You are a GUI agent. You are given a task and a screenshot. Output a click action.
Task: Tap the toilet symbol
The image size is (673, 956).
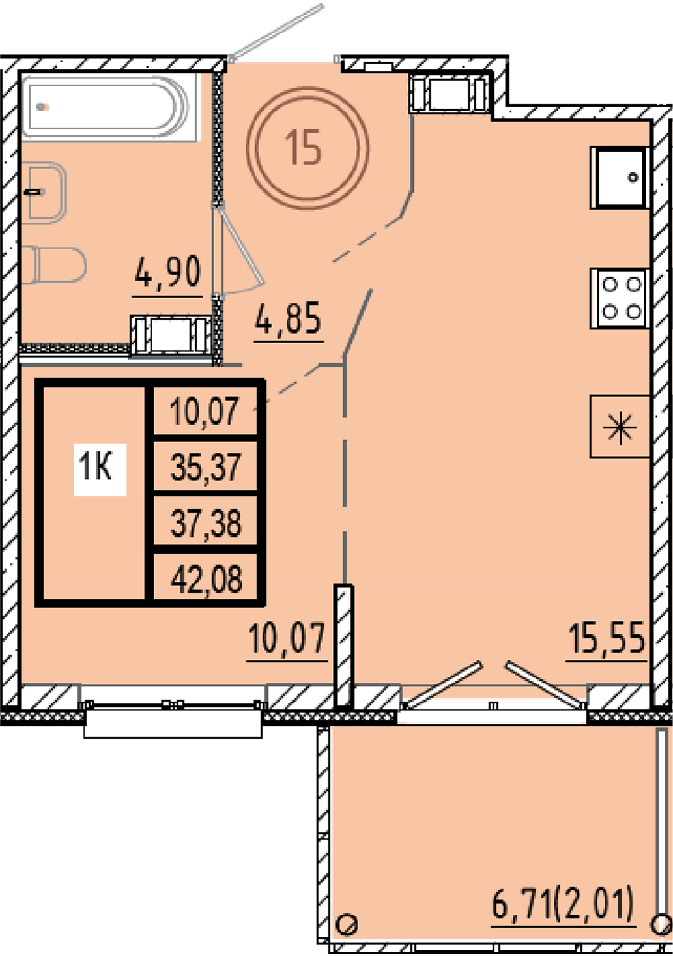coord(54,264)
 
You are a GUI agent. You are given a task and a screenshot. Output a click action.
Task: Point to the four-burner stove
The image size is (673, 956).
coord(620,298)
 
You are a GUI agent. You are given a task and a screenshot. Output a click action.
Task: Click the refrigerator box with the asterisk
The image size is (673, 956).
coord(620,427)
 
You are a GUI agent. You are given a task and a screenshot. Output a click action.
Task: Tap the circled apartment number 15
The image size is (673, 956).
coord(308,147)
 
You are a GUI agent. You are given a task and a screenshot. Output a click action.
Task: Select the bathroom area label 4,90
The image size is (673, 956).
coord(168,272)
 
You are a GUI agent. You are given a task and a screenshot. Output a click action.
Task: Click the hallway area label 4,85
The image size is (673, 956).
coord(288,318)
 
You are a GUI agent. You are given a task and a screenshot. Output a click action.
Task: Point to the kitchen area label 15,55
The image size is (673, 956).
coord(606,638)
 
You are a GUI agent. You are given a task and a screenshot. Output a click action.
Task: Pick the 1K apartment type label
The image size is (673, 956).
coord(100,470)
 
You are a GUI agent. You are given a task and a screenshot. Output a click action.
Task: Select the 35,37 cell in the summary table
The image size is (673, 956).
coord(206,468)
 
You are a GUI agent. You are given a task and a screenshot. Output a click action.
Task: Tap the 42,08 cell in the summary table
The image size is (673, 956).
coord(206,579)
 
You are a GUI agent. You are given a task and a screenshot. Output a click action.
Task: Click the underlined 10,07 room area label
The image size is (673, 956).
coord(287,638)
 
